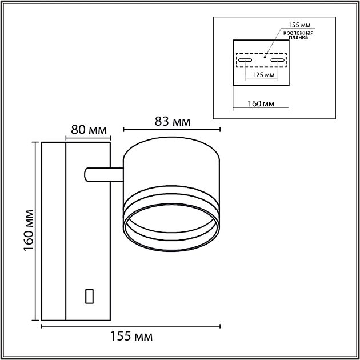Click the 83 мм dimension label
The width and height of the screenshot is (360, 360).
coord(173,121)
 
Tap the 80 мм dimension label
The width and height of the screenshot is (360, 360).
coord(89,130)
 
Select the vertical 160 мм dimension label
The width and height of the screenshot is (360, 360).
coord(29,230)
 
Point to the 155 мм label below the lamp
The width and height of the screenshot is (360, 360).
coord(131,337)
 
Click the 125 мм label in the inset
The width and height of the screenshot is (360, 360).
coord(263,75)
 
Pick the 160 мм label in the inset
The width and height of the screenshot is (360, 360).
coord(261,103)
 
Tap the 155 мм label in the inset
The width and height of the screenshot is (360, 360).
coord(299,25)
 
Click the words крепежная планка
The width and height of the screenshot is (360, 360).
coord(298,35)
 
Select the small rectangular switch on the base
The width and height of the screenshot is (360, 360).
coord(89,296)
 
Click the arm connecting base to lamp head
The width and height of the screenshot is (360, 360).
coord(104,175)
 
